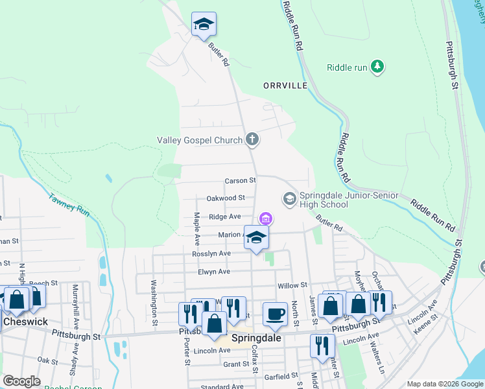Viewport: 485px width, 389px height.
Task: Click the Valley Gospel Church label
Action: (200, 139)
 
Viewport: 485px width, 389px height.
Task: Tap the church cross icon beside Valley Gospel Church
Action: (252, 139)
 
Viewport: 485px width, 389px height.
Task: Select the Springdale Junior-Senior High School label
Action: (333, 200)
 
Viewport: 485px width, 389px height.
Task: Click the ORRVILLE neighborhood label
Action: (284, 86)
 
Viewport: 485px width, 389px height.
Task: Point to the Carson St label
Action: (241, 180)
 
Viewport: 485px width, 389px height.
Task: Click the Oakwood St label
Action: (225, 198)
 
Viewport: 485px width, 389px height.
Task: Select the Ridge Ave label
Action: (225, 217)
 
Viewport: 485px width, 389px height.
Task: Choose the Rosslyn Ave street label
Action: (211, 253)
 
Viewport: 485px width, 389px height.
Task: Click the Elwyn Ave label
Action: (215, 272)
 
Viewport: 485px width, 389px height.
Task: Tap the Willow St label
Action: (292, 285)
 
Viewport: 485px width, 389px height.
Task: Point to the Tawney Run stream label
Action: (68, 206)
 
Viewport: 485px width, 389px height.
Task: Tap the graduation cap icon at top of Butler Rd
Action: (204, 24)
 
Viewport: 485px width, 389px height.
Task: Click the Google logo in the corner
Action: (22, 381)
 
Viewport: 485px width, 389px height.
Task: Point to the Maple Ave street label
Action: (196, 228)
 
